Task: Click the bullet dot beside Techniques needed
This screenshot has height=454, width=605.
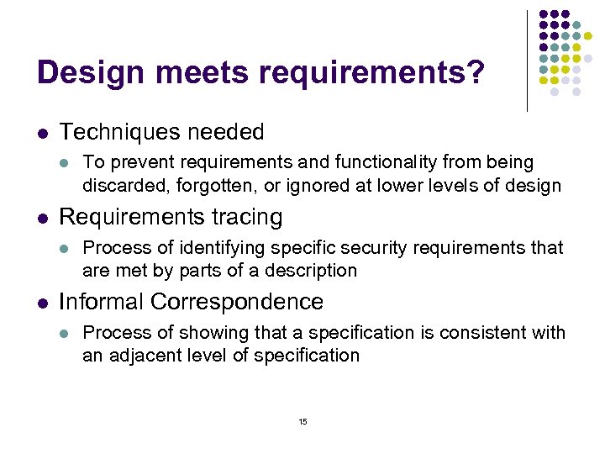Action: [43, 133]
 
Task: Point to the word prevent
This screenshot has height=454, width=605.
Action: [137, 161]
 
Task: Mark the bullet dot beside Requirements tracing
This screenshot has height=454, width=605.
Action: [43, 218]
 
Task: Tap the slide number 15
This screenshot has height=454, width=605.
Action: [302, 421]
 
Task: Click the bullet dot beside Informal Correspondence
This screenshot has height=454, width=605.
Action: [43, 303]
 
